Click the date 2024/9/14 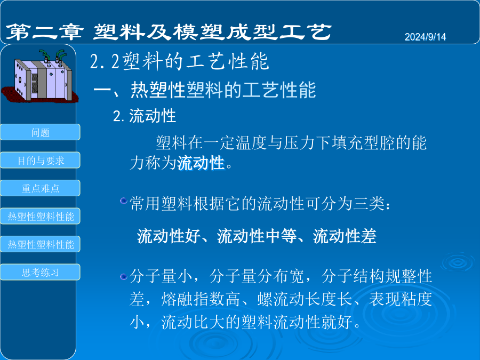coord(425,37)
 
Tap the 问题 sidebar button coord(40,132)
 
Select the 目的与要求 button coord(40,160)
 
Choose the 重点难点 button coord(40,188)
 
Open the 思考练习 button coord(40,272)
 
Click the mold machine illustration coord(40,76)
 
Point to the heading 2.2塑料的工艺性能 coord(179,61)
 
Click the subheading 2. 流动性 coord(145,116)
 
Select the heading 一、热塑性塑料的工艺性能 coord(204,90)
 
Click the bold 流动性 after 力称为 coord(201,163)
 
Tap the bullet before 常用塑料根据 coord(124,201)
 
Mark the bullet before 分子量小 coord(124,277)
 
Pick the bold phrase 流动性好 coord(169,236)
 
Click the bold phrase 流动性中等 coord(257,236)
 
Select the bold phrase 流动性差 coord(345,236)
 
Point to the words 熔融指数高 coord(201,299)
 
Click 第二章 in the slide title coord(45,32)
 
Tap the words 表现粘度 coord(401,299)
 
